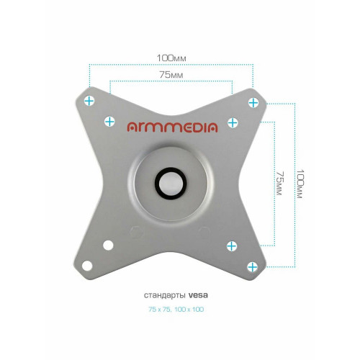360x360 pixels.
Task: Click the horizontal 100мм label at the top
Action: pyautogui.click(x=171, y=58)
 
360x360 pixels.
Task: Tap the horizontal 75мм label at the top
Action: pyautogui.click(x=171, y=75)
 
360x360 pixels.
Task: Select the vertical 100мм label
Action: pyautogui.click(x=300, y=184)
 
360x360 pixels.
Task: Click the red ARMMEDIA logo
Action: pyautogui.click(x=172, y=127)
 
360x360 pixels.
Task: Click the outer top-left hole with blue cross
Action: pyautogui.click(x=89, y=101)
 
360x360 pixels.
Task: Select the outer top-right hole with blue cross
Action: pyautogui.click(x=253, y=103)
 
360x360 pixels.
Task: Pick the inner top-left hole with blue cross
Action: pyautogui.click(x=109, y=122)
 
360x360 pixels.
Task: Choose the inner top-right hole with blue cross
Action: pyautogui.click(x=233, y=123)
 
